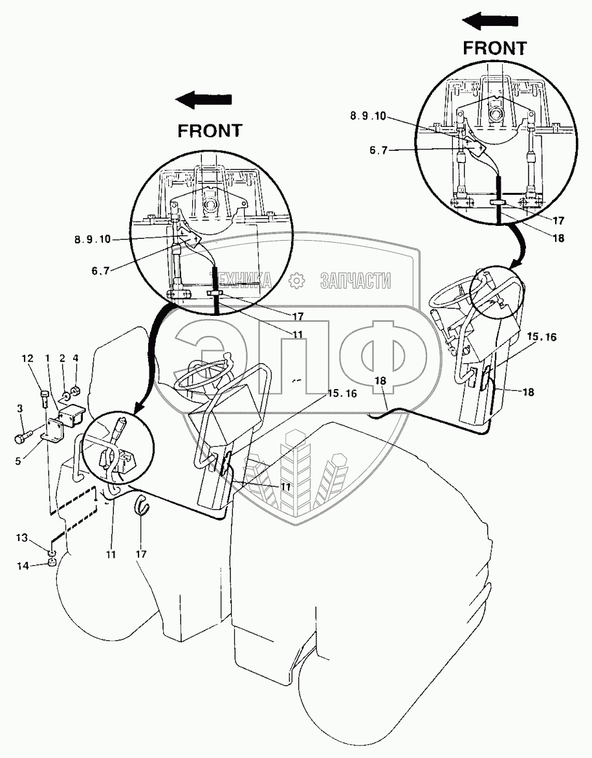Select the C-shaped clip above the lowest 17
tap(142, 505)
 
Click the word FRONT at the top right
tap(495, 47)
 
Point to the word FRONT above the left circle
tap(210, 130)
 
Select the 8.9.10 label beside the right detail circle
tap(367, 116)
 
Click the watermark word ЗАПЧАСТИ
tap(355, 280)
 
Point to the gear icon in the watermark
tap(297, 281)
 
